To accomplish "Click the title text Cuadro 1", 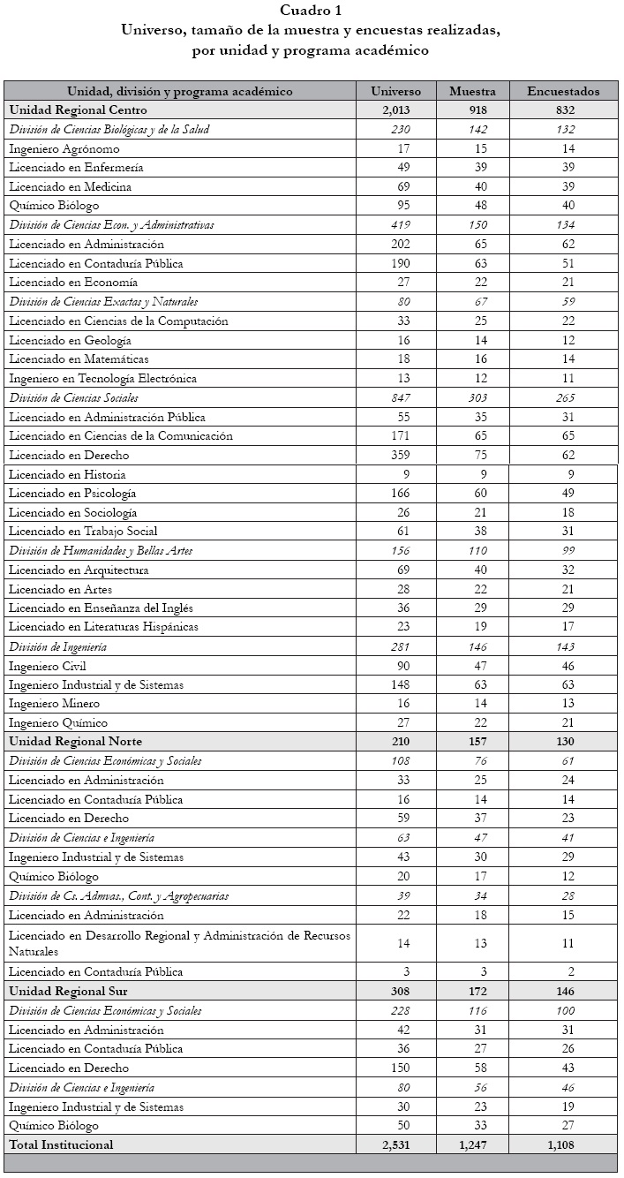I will (312, 11).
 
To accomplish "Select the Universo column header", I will (395, 91).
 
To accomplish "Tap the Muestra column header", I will (478, 91).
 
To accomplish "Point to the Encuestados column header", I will (563, 91).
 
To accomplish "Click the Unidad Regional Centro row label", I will (78, 110).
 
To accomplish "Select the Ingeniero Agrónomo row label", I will (64, 148).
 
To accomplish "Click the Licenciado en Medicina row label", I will (71, 186).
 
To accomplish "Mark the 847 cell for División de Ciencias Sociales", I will (398, 397).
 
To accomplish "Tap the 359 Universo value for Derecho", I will (398, 455).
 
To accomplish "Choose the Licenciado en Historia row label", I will (67, 474).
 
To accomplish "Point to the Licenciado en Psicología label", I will (72, 494).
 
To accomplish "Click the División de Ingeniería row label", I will (59, 646).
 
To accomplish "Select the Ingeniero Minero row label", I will (54, 704).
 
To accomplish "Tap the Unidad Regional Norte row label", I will (75, 741).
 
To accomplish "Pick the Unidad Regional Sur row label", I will (68, 991).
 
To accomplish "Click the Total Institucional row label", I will (61, 1144).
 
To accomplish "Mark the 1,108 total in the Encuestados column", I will (560, 1144).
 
